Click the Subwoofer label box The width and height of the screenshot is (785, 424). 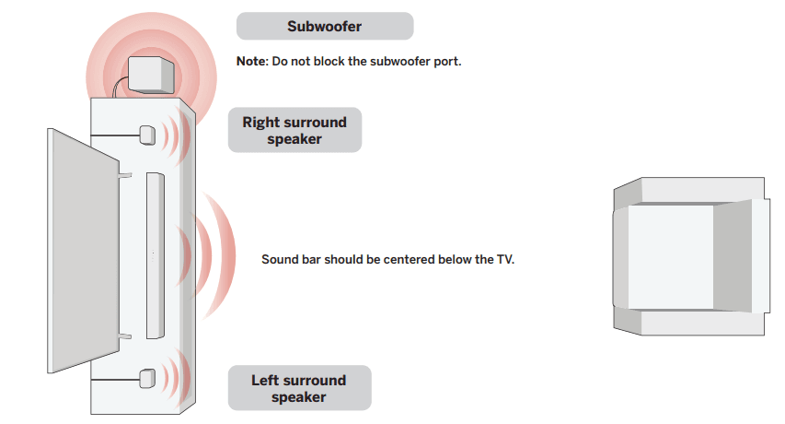point(325,26)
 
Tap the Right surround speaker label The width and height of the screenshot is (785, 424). point(294,130)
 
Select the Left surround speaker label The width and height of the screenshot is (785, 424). point(299,388)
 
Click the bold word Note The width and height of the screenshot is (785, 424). point(251,61)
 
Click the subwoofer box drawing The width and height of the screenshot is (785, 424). point(151,75)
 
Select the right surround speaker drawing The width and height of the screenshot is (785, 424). point(147,135)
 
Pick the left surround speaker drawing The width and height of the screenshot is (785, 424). point(147,379)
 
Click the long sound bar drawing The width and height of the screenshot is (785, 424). point(156,255)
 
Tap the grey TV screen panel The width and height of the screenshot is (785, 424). point(83,251)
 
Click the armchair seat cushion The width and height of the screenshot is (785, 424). point(671,256)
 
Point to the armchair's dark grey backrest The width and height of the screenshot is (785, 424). point(733,256)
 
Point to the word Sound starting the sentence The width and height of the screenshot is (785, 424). point(278,260)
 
